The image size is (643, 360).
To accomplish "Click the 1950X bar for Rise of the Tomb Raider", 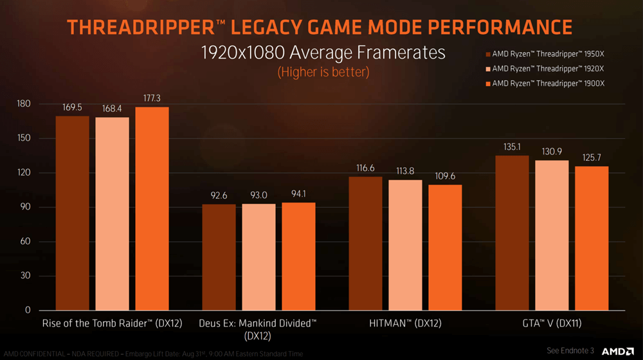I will (72, 213).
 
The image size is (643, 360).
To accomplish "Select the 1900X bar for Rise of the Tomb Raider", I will (152, 208).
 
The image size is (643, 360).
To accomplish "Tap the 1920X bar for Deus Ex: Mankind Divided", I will (258, 256).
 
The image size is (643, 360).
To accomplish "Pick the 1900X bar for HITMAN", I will (445, 247).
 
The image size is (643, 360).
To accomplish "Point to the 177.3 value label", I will (152, 98).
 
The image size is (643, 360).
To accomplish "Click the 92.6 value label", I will (219, 195).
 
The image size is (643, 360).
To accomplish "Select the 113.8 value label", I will (405, 171).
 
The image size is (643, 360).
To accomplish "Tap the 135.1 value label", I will (512, 147).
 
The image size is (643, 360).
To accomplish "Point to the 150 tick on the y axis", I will (24, 138).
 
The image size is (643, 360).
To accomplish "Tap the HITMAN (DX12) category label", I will (405, 323).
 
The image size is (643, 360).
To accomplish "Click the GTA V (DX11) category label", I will (552, 323).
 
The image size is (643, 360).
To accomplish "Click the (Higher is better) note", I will (323, 71).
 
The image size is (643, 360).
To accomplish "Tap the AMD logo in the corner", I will (617, 350).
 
